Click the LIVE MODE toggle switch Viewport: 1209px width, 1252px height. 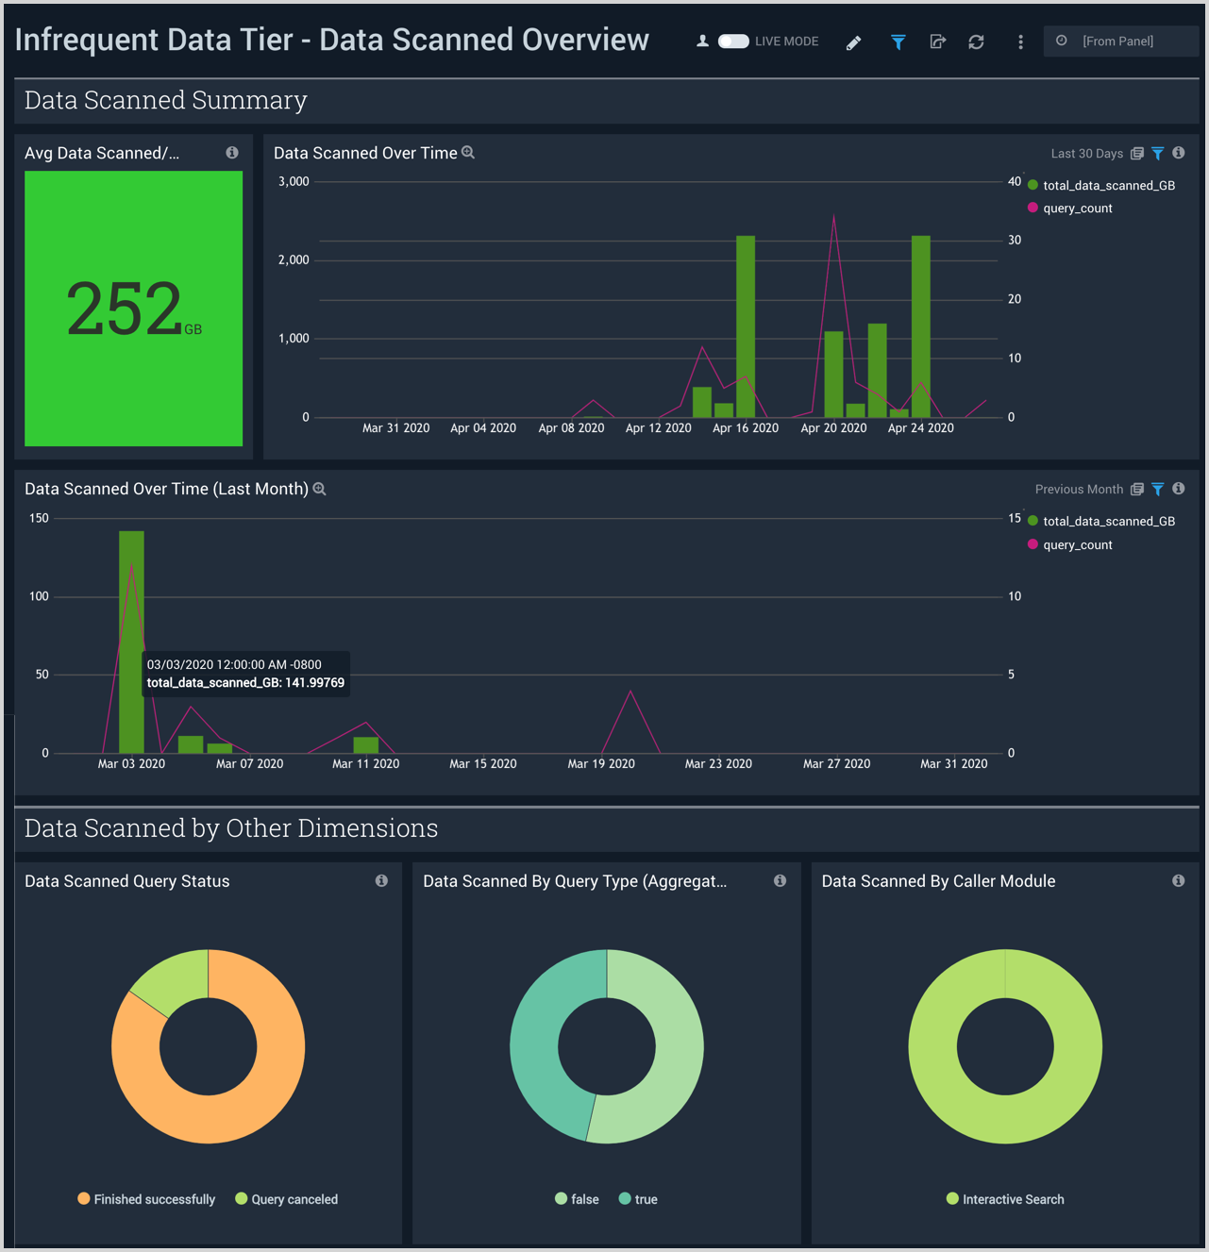point(733,42)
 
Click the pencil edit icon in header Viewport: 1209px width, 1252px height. point(853,42)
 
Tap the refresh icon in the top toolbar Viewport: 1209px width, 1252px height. point(976,42)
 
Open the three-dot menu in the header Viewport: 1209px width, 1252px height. point(1020,42)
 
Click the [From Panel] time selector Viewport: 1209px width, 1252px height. point(1119,42)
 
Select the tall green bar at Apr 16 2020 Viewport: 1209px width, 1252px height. point(746,326)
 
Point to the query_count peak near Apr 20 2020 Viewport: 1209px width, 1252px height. point(833,218)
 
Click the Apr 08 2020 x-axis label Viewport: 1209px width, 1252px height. point(571,428)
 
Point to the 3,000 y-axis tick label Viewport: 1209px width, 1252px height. point(294,181)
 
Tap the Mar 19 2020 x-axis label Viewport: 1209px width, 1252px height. point(601,764)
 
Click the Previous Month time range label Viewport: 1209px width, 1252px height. point(1078,490)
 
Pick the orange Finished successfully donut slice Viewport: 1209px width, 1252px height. point(264,1085)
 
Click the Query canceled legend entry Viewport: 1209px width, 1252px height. point(294,1200)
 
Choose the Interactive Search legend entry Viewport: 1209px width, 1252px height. point(1013,1200)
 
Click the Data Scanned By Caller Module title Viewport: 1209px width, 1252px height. point(938,881)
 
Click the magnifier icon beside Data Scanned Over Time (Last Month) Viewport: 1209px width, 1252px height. point(320,489)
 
